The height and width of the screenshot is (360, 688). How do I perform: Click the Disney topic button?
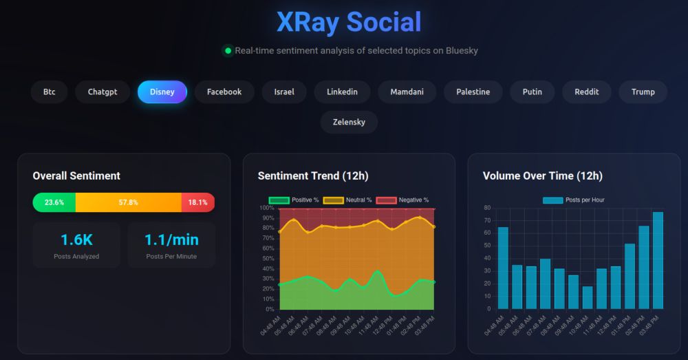coord(162,92)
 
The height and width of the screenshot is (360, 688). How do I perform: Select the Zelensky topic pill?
coord(349,122)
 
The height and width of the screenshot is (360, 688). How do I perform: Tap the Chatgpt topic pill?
coord(103,92)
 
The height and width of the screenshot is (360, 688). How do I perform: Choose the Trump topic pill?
coord(643,92)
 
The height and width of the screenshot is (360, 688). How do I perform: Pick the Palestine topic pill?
coord(473,92)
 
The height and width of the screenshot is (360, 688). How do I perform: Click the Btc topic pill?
coord(49,92)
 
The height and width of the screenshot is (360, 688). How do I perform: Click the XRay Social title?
coord(348,22)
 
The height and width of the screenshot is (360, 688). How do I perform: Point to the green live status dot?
coord(228,50)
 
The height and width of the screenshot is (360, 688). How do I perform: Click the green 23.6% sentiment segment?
coord(54,202)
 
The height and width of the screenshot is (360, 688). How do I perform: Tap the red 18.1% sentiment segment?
coord(198,202)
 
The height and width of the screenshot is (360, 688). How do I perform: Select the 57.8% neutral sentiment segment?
coord(129,202)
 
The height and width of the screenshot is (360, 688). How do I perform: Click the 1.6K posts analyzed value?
coord(76,240)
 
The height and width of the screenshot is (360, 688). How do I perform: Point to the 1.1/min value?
coord(171,240)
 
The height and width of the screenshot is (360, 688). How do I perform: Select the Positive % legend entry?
coord(294,200)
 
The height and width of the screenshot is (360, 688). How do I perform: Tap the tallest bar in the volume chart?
coord(658,260)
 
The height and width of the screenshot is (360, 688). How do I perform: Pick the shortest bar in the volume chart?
coord(587,297)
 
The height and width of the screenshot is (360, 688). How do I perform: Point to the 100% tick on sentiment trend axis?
coord(267,208)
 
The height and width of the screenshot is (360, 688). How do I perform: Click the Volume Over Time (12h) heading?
coord(542,176)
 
